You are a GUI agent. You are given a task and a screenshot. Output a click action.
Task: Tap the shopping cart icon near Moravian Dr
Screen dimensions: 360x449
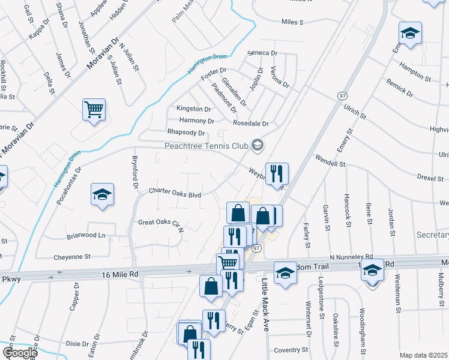(x=94, y=110)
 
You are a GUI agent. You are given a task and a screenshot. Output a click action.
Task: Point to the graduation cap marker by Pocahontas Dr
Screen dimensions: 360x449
(x=102, y=194)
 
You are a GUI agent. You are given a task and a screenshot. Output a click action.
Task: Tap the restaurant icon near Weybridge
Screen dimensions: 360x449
(x=277, y=173)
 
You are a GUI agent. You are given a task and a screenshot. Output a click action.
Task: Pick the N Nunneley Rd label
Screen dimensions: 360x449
(x=351, y=256)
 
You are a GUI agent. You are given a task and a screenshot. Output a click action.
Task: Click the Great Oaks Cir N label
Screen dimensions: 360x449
(x=160, y=223)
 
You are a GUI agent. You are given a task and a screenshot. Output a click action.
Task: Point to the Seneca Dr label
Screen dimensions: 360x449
(x=263, y=53)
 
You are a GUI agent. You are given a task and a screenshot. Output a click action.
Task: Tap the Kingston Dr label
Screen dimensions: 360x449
(x=193, y=109)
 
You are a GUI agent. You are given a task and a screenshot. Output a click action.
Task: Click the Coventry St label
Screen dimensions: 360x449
(x=291, y=349)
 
